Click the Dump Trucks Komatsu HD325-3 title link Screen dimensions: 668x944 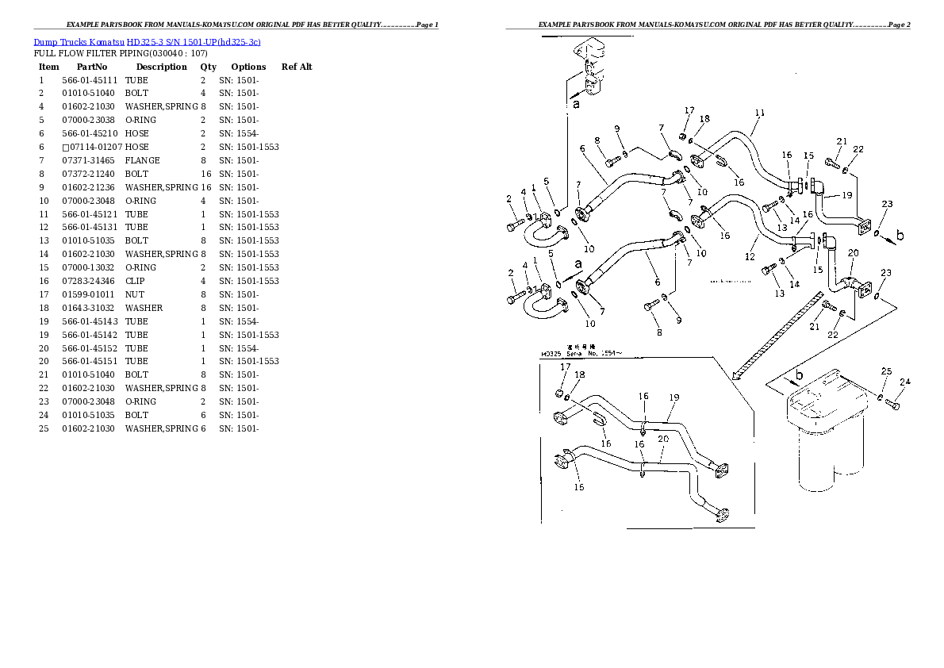click(147, 41)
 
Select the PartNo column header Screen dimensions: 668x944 click(92, 67)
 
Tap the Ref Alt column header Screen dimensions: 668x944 click(297, 67)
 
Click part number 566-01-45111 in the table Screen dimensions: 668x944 click(90, 80)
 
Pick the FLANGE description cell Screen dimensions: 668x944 click(143, 160)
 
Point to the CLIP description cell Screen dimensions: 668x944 click(136, 281)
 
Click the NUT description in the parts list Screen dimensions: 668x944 click(134, 294)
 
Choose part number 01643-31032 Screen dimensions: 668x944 click(90, 308)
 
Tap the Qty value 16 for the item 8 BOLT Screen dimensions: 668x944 click(204, 174)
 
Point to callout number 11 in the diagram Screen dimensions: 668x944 click(759, 113)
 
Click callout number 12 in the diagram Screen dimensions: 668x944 click(750, 256)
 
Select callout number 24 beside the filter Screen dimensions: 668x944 click(905, 382)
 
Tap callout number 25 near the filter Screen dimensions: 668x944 click(886, 371)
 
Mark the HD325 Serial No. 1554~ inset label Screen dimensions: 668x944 click(582, 354)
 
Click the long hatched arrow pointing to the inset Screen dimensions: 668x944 click(777, 333)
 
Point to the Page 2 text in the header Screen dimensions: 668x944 click(899, 25)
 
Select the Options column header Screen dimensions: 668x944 click(248, 67)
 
